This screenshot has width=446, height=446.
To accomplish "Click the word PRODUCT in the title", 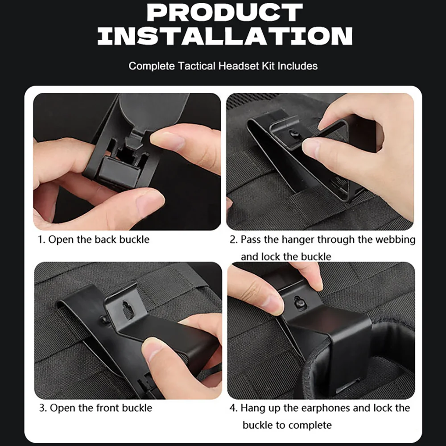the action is [x=225, y=12].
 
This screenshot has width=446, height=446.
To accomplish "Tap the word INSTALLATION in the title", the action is [x=225, y=36].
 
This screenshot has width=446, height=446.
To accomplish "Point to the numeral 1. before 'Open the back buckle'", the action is [x=42, y=240].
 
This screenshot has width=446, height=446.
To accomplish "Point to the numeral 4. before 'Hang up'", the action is [x=233, y=408].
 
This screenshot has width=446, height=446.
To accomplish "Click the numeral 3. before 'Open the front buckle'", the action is [x=43, y=408].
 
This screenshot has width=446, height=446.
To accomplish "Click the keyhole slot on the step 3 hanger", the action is [x=127, y=309].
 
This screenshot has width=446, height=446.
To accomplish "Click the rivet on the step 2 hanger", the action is [x=293, y=132].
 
